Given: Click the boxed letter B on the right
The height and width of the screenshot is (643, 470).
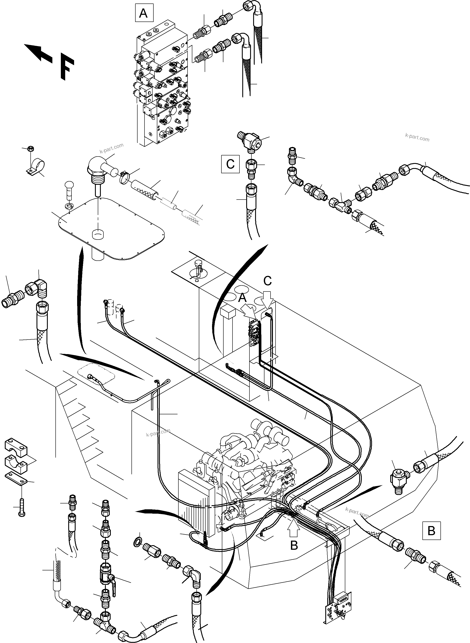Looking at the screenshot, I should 431,531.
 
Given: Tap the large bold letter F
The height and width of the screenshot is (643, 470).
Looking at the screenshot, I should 67,69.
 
